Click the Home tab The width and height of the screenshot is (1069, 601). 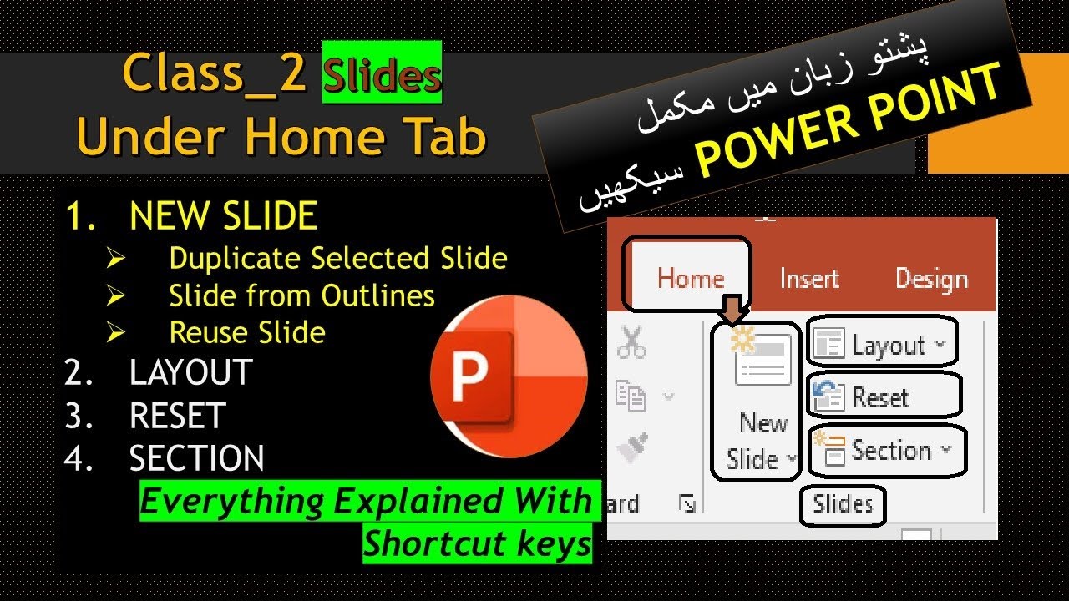691,278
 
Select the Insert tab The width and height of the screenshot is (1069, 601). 808,278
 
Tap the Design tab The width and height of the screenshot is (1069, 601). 930,278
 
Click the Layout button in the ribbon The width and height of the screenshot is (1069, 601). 882,344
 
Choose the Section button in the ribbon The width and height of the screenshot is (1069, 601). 887,451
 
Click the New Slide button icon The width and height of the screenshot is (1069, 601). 762,359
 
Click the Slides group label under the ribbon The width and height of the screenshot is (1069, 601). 843,503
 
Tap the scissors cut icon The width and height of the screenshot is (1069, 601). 632,342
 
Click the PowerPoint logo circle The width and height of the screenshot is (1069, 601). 509,379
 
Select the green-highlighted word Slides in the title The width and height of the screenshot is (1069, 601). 382,77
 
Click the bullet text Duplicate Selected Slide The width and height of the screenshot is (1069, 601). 337,259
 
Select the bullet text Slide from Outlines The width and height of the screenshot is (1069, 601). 301,295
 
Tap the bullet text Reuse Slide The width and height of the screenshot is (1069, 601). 247,332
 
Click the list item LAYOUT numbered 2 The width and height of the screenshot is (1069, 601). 190,372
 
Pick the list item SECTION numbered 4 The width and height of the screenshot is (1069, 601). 196,458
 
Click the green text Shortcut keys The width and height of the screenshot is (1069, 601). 477,544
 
